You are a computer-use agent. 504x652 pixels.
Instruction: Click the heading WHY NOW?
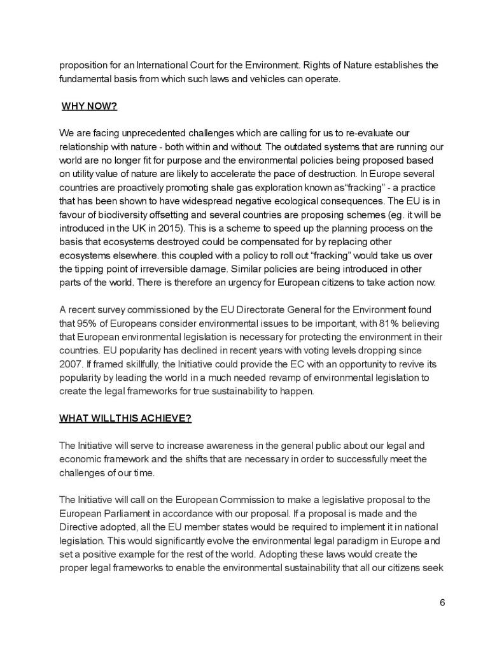coord(89,106)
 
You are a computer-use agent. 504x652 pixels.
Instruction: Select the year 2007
coord(71,364)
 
